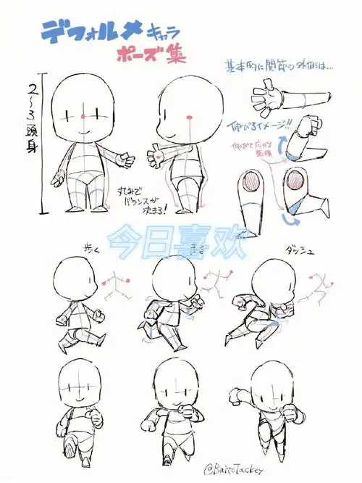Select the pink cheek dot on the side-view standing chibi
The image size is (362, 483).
pyautogui.click(x=190, y=116)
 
